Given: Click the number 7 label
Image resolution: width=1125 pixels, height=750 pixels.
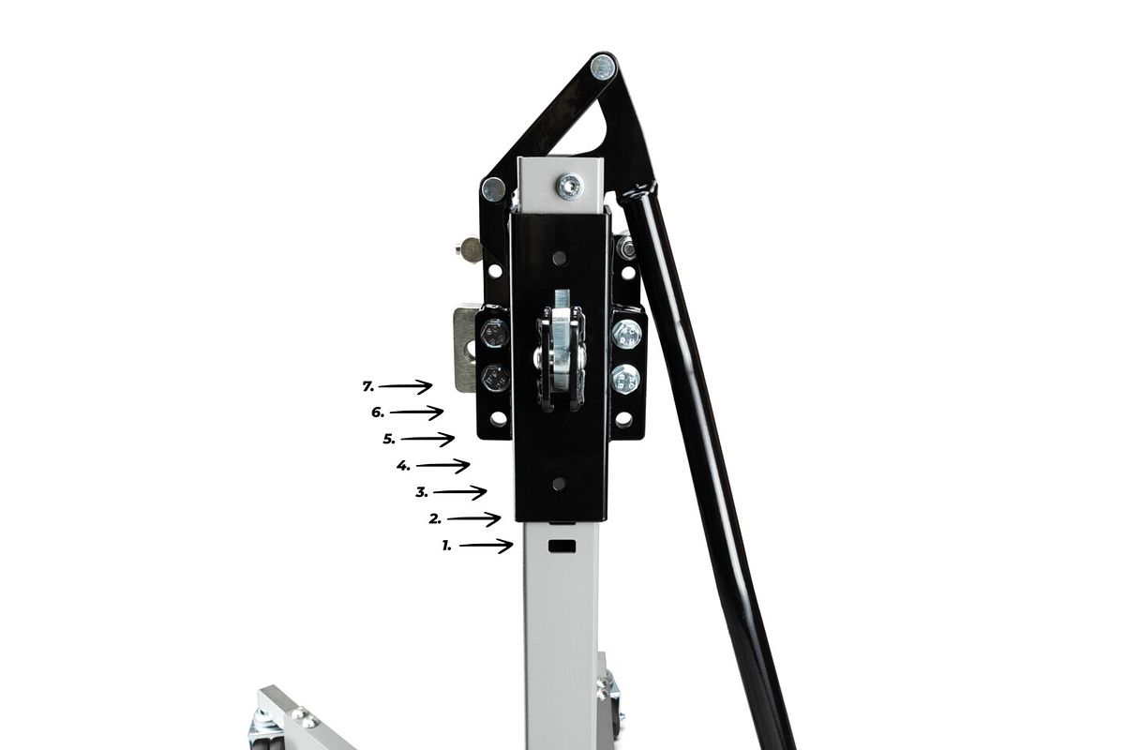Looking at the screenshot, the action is (368, 387).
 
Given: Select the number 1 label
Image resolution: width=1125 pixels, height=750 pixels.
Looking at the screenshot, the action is (446, 546).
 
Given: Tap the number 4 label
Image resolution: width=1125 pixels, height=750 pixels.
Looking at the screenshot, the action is (403, 466).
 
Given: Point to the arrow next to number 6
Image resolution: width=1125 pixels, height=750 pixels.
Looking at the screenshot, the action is (416, 412).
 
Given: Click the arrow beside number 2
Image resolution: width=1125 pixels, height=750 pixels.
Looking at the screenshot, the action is (473, 519).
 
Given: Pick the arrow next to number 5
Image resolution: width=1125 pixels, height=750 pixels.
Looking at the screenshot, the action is (427, 439).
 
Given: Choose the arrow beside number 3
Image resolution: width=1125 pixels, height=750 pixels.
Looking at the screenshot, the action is (459, 492).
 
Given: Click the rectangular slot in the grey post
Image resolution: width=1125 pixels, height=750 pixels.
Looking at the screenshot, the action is (562, 546).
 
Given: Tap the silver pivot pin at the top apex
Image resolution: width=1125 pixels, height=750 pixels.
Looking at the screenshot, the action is (603, 67).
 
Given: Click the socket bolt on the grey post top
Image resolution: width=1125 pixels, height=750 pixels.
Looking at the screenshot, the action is (570, 187).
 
